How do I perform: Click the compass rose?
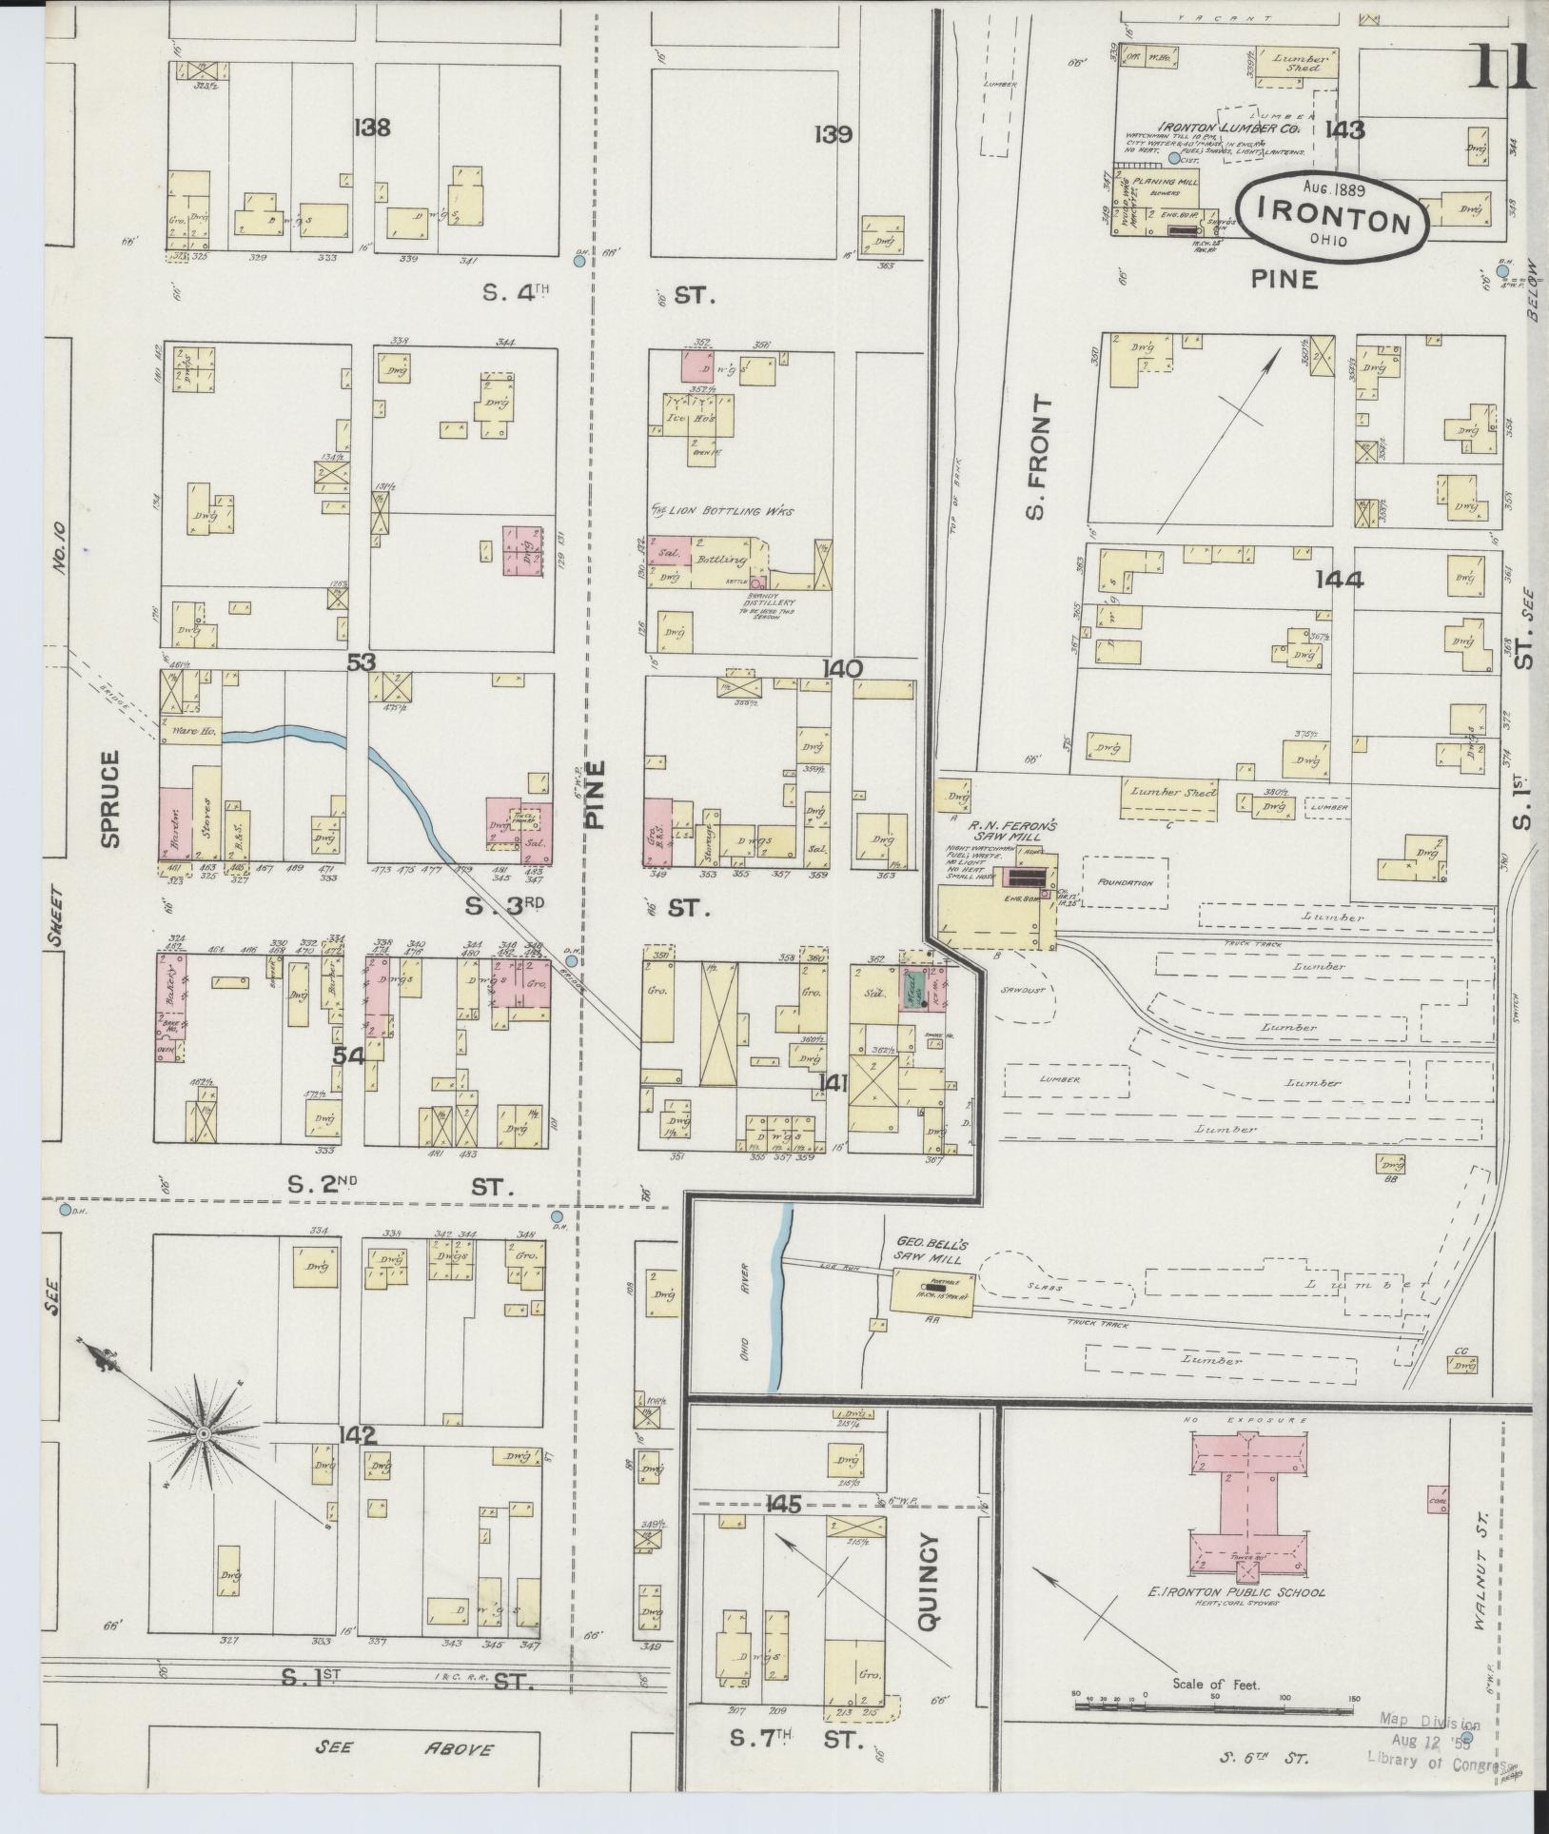[203, 1432]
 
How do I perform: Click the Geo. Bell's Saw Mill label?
[930, 1251]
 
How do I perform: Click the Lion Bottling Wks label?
[723, 511]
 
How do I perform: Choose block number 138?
[371, 128]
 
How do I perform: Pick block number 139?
[833, 134]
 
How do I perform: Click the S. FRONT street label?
[1039, 458]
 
